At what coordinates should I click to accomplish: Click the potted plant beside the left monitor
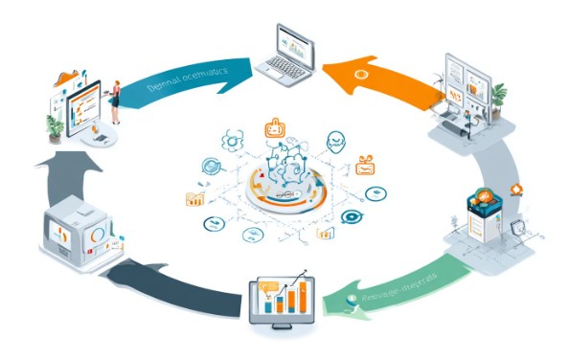pos(55,126)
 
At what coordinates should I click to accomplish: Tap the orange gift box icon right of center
pos(365,166)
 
